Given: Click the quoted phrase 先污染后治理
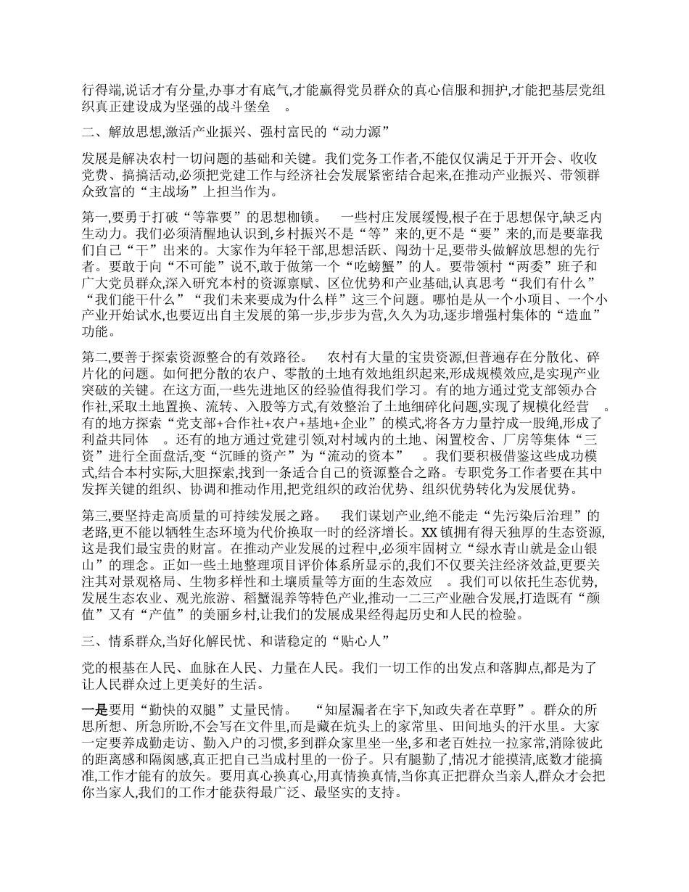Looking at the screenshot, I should [x=521, y=516].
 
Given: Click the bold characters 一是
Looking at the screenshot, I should [x=96, y=710].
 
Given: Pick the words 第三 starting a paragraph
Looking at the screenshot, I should [x=95, y=516].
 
